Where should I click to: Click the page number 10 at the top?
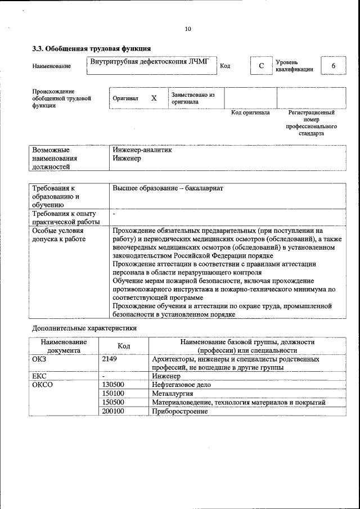pos(188,29)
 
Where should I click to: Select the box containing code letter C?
pos(261,66)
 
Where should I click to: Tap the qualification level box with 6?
pos(333,66)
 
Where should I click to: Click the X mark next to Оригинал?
pos(154,98)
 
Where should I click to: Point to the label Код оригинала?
pos(250,112)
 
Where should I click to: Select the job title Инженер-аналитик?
pos(142,150)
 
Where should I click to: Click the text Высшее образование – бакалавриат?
pos(168,188)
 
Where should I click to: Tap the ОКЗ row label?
pos(39,358)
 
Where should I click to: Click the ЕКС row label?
pos(39,376)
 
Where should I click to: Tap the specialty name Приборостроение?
pos(179,411)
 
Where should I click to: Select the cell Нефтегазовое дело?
pos(181,385)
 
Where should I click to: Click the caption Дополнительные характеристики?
pos(84,327)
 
